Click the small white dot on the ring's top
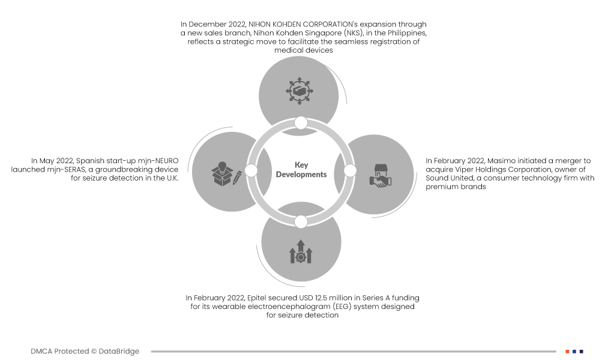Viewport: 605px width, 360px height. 301,123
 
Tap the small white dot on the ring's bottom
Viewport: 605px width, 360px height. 301,221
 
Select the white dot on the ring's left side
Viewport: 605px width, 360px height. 251,171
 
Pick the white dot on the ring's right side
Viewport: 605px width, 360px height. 350,171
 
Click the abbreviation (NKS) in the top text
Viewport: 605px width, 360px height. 346,33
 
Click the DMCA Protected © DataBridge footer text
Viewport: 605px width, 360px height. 85,352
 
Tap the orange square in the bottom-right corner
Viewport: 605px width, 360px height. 567,352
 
